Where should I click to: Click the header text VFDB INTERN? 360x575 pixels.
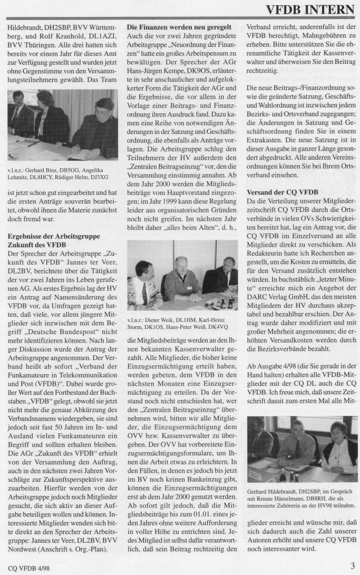(x=309, y=9)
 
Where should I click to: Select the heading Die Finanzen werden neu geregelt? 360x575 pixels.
(x=179, y=26)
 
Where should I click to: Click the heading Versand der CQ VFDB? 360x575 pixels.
(x=281, y=193)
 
